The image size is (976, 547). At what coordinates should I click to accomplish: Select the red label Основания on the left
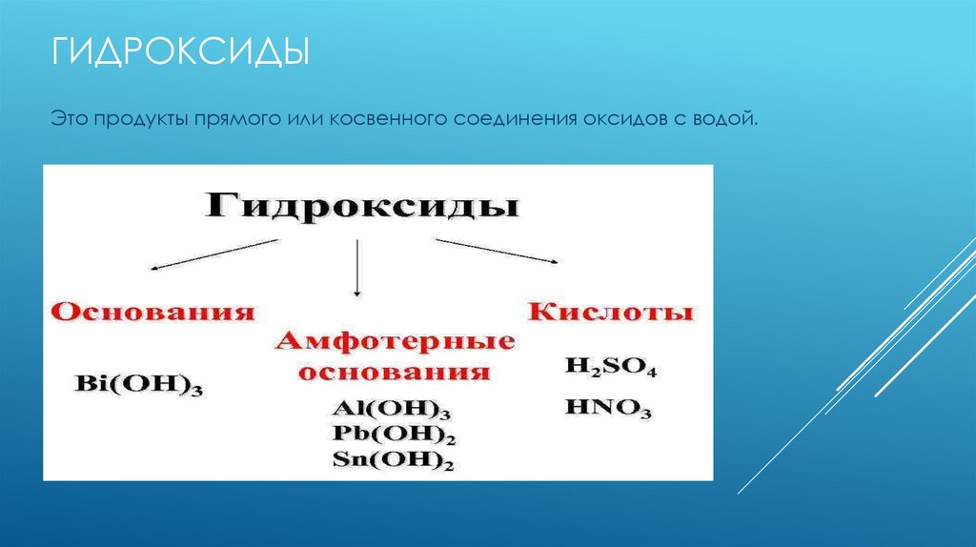(x=153, y=313)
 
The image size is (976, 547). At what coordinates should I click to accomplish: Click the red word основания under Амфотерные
(x=395, y=371)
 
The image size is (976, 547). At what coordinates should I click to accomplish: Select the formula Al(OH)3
(x=391, y=410)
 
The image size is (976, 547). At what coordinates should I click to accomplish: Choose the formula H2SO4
(x=610, y=368)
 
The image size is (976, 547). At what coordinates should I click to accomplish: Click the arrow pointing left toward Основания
(x=214, y=254)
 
